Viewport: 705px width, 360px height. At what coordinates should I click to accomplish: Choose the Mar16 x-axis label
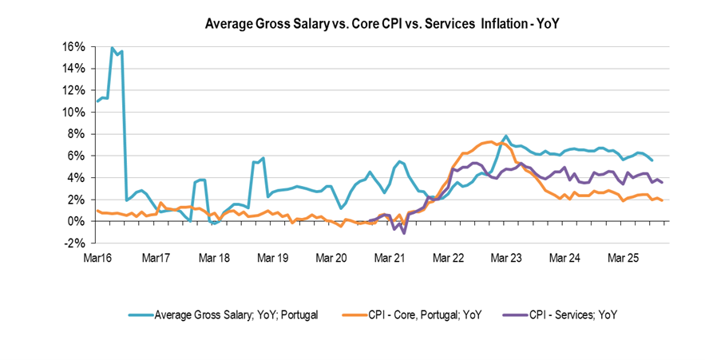click(97, 259)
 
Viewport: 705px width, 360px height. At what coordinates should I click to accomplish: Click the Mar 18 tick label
click(215, 259)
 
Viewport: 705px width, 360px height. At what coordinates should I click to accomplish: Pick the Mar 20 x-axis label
click(331, 259)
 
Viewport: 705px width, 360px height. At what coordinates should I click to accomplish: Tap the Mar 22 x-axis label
click(448, 259)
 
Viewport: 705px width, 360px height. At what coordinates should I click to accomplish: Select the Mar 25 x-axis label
click(624, 259)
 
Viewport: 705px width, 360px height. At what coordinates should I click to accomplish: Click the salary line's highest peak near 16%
click(113, 48)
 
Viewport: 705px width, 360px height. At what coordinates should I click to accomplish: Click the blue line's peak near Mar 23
click(506, 136)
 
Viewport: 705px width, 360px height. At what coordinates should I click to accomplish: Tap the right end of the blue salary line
click(653, 160)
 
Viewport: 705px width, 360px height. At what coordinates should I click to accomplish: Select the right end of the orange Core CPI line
click(662, 200)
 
